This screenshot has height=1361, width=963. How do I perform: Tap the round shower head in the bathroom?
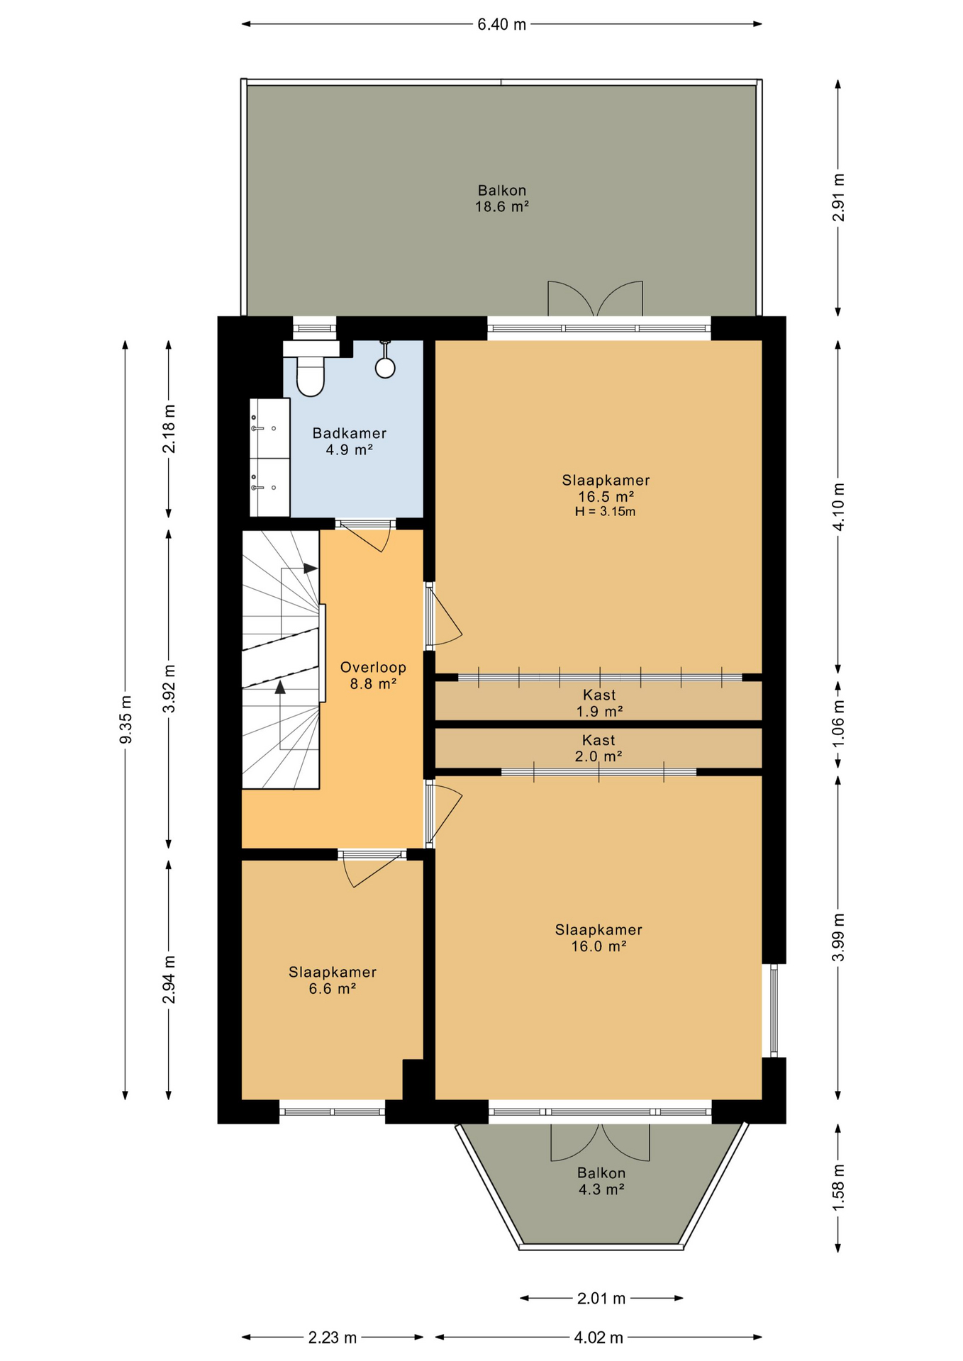(x=385, y=367)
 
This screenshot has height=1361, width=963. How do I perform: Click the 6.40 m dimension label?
(x=502, y=25)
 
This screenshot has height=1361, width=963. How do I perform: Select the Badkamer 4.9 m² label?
(x=350, y=441)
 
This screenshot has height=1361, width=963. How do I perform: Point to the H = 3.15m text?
(x=605, y=512)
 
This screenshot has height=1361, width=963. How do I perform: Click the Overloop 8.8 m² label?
(x=373, y=676)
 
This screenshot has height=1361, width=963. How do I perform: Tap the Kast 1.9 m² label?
(x=599, y=703)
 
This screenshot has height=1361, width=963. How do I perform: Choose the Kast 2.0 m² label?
(x=599, y=749)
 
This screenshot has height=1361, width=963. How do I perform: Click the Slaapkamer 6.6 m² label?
(x=333, y=980)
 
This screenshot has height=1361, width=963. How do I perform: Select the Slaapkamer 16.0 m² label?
(x=599, y=938)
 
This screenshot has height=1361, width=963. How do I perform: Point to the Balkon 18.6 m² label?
(x=502, y=198)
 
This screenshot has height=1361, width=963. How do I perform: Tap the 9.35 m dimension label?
(x=126, y=719)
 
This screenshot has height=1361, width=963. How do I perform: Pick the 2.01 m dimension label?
(x=601, y=1299)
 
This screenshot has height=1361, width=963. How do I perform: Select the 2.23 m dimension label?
(x=333, y=1338)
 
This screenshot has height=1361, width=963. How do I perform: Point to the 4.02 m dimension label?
(x=599, y=1338)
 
